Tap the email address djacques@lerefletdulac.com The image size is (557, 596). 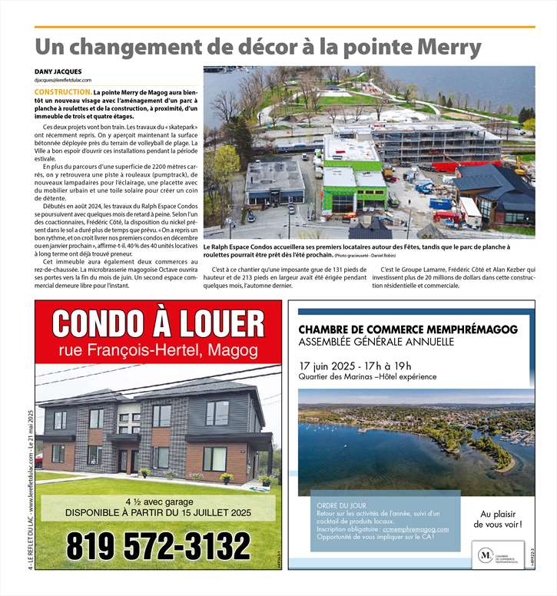click(x=63, y=80)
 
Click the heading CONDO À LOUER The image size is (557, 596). click(x=158, y=323)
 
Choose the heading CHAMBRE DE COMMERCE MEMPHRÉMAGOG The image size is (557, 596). click(x=408, y=329)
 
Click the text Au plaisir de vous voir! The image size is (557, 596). click(x=501, y=519)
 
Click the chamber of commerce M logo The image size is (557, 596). click(x=486, y=553)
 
